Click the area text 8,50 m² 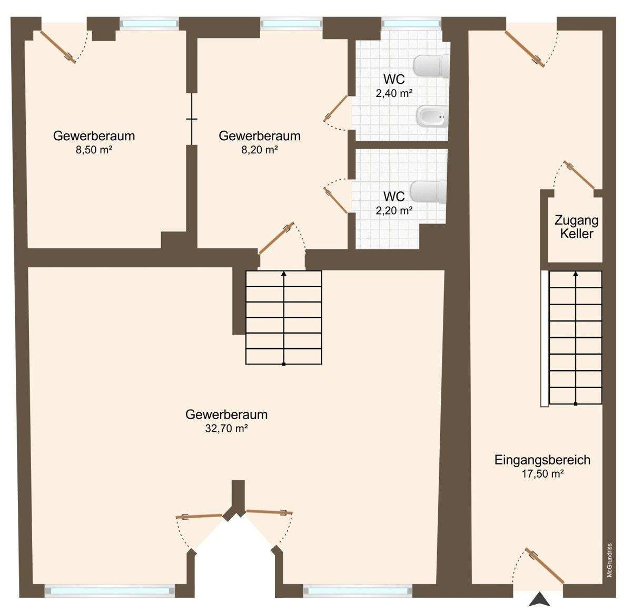pyautogui.click(x=94, y=150)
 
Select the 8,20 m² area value pyautogui.click(x=259, y=150)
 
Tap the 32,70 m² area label pyautogui.click(x=226, y=429)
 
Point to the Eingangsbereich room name pyautogui.click(x=542, y=460)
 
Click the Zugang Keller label pyautogui.click(x=577, y=227)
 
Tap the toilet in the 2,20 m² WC pyautogui.click(x=428, y=192)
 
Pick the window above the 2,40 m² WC pyautogui.click(x=411, y=23)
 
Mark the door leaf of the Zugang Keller pyautogui.click(x=580, y=175)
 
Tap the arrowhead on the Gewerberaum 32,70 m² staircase pyautogui.click(x=284, y=274)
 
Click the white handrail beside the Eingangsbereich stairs pyautogui.click(x=544, y=338)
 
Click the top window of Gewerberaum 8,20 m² pyautogui.click(x=291, y=23)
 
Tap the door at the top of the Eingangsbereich pyautogui.click(x=525, y=47)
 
